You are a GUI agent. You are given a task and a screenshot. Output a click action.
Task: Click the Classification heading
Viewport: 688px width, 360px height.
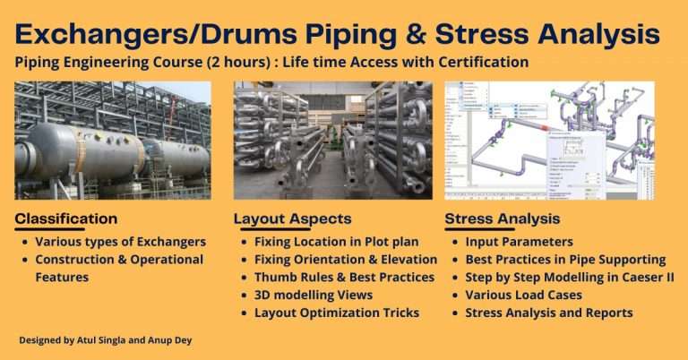pos(67,218)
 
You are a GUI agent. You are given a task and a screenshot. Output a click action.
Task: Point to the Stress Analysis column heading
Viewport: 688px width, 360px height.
pos(503,218)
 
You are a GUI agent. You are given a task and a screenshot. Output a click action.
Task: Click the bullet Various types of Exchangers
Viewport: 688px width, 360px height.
pos(120,241)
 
